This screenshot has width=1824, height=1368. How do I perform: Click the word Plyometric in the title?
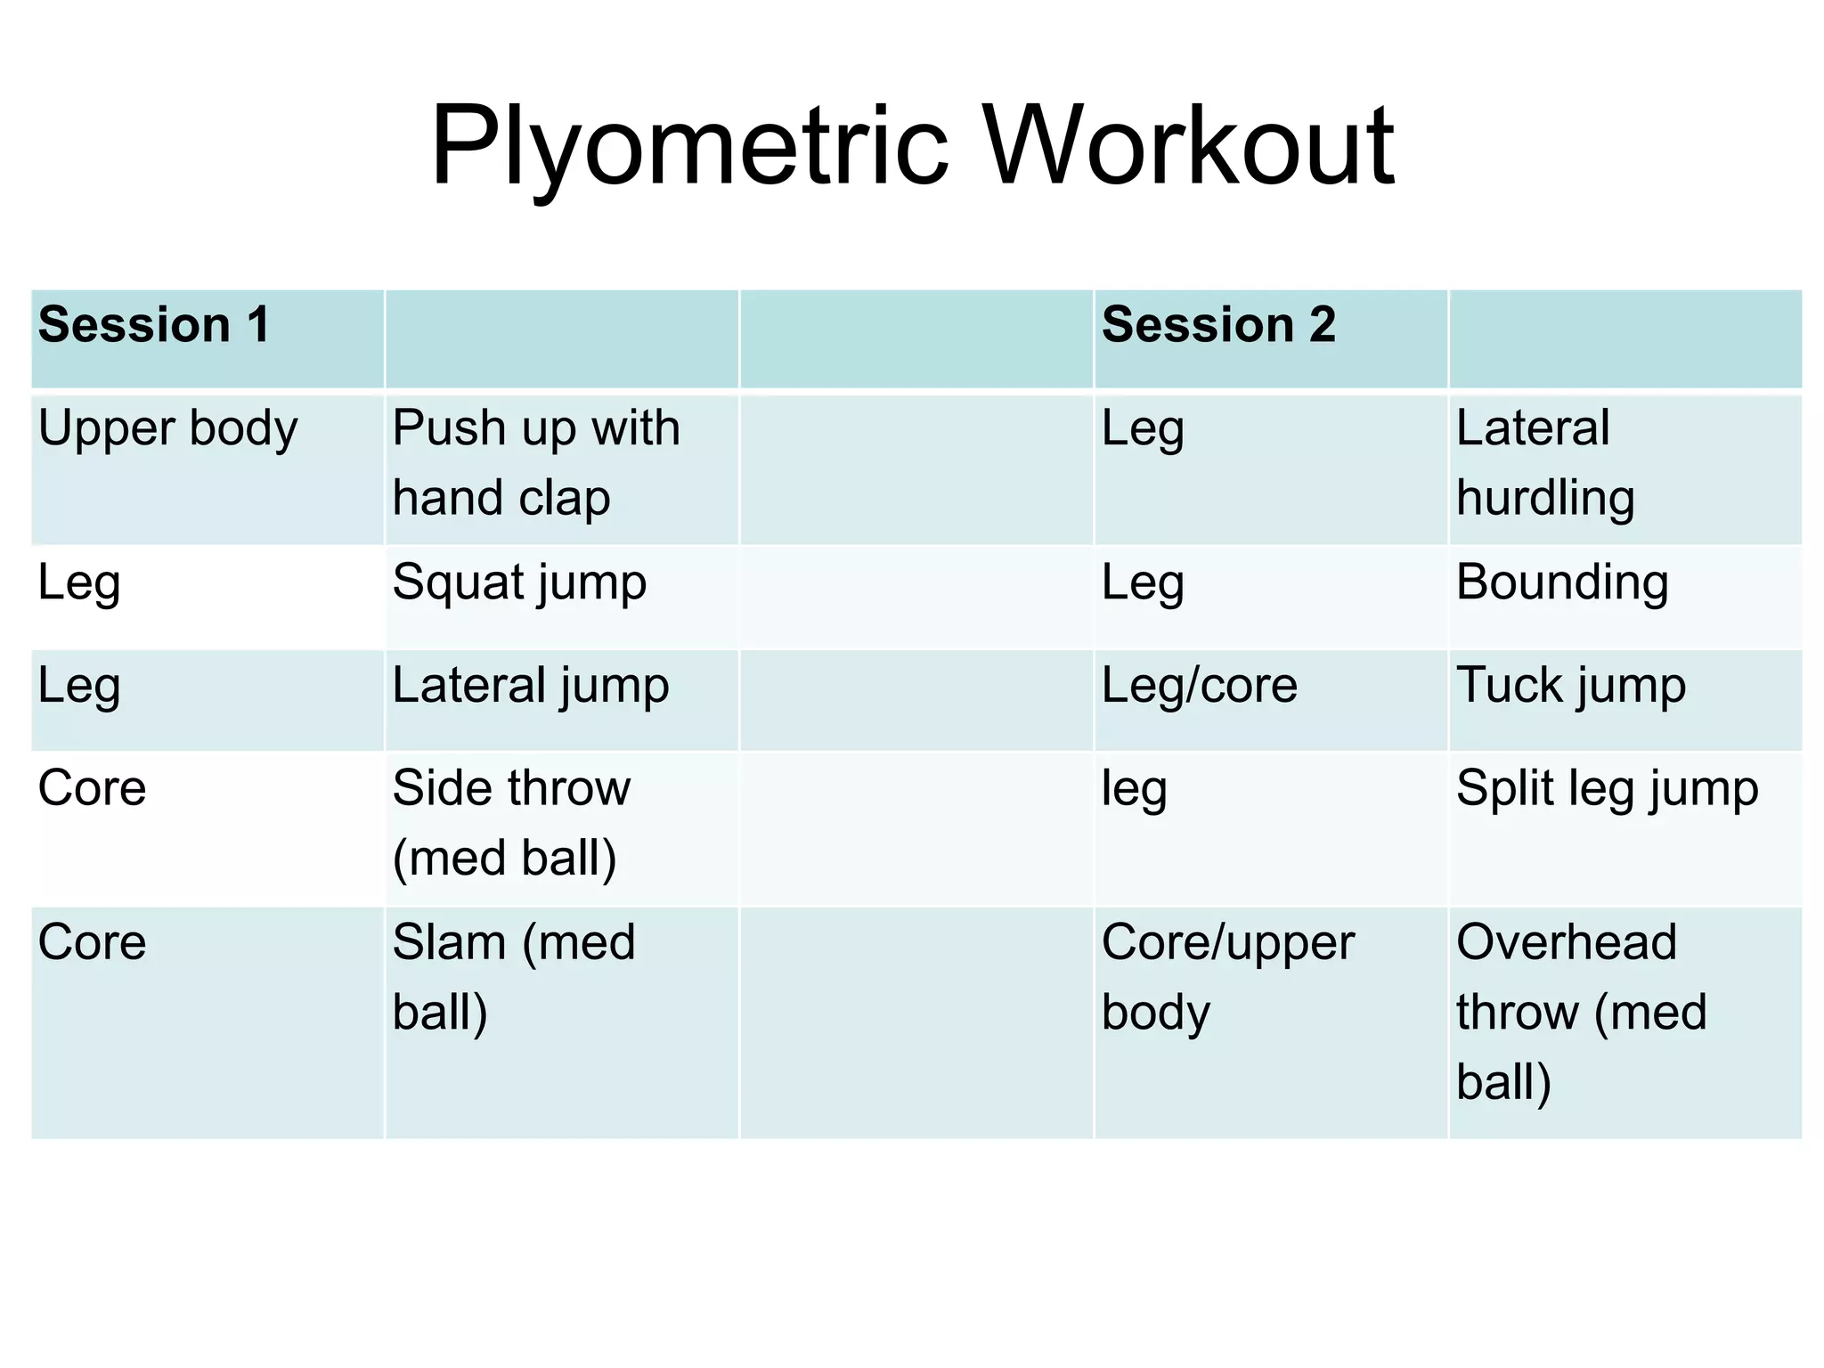coord(688,148)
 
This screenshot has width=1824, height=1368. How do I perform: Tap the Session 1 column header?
coord(154,324)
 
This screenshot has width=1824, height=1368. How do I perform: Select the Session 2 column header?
coord(1218,324)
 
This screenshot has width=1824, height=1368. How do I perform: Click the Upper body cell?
coord(167,430)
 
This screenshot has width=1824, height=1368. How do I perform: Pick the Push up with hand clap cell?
coord(536,462)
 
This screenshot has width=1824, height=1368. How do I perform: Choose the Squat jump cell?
coord(519,584)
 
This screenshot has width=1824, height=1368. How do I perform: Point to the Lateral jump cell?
coord(531,687)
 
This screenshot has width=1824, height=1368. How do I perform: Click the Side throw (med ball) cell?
coord(511,823)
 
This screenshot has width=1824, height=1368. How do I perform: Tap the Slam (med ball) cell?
coord(514,977)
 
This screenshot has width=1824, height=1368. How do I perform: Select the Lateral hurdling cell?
coord(1545,462)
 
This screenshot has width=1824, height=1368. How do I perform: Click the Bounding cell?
coord(1562,583)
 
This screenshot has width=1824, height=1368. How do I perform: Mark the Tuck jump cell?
coord(1571,687)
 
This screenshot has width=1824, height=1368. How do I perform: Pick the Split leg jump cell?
coord(1607,790)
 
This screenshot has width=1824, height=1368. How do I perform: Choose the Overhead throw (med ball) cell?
coord(1581,1012)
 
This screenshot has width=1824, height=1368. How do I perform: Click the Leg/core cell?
coord(1200,687)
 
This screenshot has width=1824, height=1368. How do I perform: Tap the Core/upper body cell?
coord(1227,977)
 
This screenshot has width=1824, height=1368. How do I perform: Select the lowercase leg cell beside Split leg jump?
coord(1134,790)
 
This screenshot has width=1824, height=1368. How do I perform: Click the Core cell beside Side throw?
coord(93,789)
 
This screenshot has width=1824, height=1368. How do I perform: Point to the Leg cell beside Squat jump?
coord(79,584)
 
